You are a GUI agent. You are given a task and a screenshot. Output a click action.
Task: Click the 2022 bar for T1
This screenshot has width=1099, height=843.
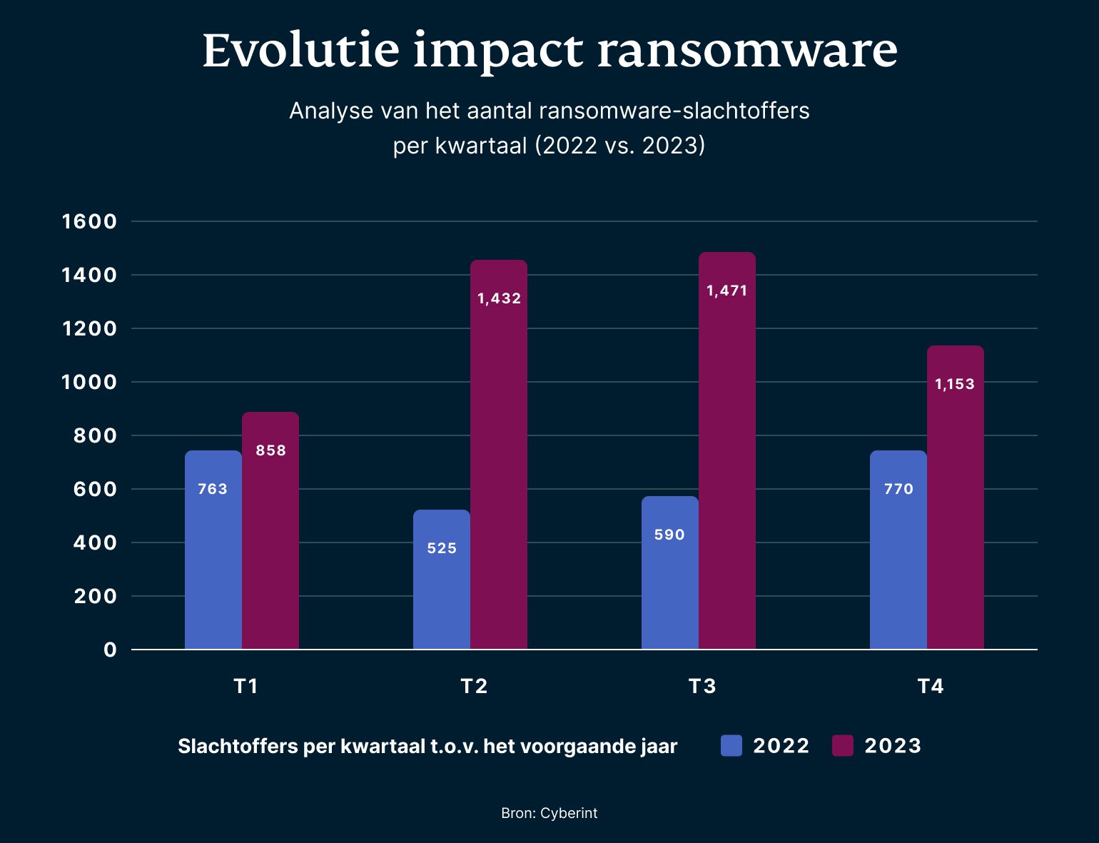(x=213, y=550)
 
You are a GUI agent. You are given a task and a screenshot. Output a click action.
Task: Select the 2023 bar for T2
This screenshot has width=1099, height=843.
(x=498, y=457)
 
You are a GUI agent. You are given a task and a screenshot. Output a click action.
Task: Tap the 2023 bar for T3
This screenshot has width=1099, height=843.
(x=726, y=450)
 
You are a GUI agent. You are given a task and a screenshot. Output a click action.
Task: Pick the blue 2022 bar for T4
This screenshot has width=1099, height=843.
(x=898, y=550)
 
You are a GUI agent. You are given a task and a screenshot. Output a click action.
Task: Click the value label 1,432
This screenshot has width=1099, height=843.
(x=499, y=298)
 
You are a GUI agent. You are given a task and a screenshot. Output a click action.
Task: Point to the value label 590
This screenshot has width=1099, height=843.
(x=669, y=535)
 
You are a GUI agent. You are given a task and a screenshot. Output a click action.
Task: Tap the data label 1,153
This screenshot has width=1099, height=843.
(x=955, y=384)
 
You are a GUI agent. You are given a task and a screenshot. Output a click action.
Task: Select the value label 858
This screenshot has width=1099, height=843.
(x=270, y=450)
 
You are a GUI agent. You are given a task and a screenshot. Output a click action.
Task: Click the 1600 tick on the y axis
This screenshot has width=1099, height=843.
(x=89, y=221)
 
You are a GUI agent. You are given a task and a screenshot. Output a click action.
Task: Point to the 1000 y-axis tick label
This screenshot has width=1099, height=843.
(x=89, y=382)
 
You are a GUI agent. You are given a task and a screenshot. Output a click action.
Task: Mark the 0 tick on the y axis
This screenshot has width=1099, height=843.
(x=110, y=650)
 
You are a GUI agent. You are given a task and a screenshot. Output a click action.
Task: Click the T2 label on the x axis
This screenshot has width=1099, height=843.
(x=474, y=686)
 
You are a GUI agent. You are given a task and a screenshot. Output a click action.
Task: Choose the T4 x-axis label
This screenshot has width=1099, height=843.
(x=931, y=686)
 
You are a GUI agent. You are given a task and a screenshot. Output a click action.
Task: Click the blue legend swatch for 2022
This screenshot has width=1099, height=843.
(x=731, y=746)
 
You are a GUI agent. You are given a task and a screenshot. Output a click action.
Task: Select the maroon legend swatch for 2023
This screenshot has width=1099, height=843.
(x=843, y=746)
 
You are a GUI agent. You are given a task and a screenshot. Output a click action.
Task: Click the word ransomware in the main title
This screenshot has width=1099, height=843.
(x=746, y=51)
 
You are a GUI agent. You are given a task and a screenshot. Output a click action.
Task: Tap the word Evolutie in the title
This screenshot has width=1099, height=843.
(x=300, y=51)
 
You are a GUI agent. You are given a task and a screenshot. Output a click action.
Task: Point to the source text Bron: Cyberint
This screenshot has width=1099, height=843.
(x=549, y=813)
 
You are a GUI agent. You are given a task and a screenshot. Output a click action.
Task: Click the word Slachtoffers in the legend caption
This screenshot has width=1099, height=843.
(x=238, y=747)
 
